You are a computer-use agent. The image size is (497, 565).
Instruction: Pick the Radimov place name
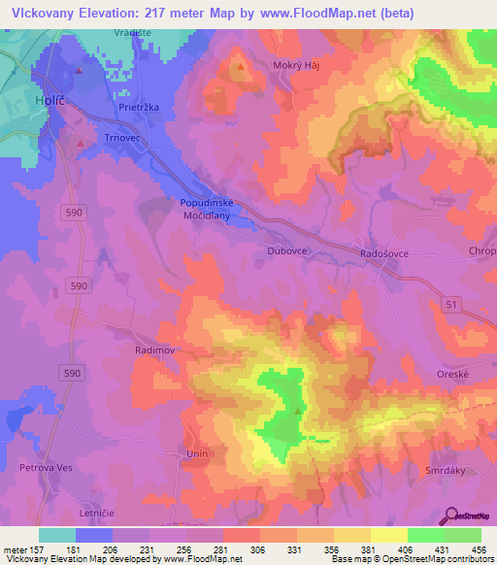[x=153, y=348]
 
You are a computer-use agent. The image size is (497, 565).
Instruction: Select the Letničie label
[x=97, y=511]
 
